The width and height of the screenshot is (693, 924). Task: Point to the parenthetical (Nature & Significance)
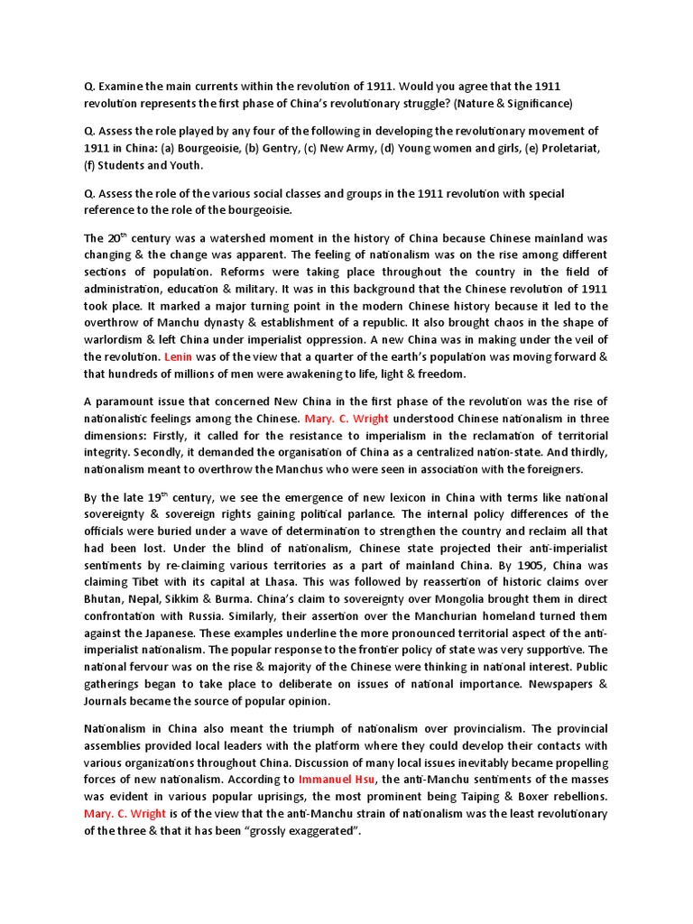pos(510,104)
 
